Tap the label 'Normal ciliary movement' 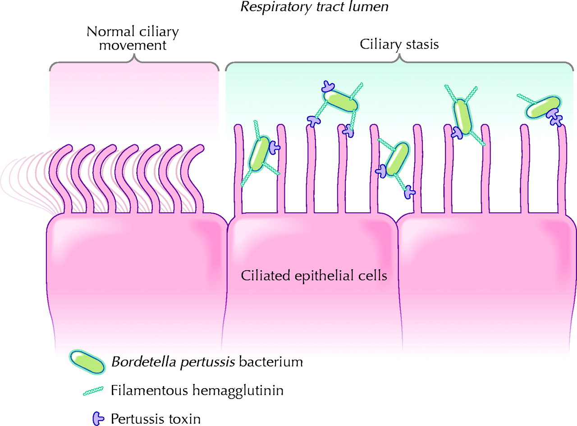pos(133,39)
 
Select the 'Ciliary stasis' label pos(399,45)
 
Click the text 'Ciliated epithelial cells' pos(314,275)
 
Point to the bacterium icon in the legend pos(87,363)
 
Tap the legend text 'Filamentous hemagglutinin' pos(197,390)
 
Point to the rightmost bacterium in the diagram pos(542,107)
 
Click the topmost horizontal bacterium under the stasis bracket pos(341,101)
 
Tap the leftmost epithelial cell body pos(135,275)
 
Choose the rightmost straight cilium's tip pos(562,128)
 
